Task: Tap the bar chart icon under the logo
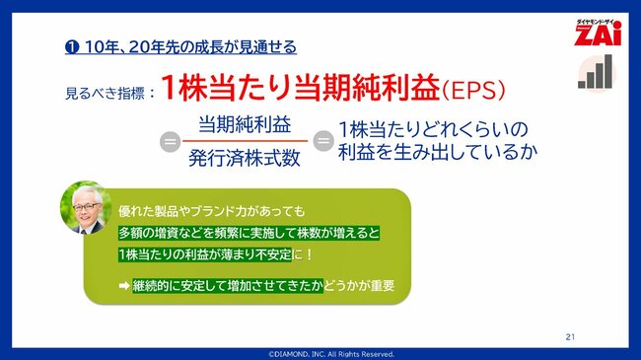point(595,72)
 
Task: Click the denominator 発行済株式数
point(244,157)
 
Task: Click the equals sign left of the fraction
point(169,142)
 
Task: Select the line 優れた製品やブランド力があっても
point(212,211)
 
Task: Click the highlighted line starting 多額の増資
point(248,233)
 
